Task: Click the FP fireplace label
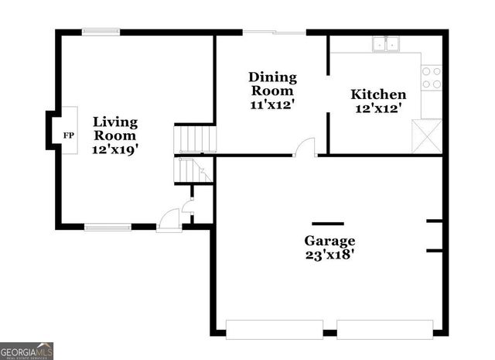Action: coord(68,135)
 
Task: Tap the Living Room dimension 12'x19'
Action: coord(115,150)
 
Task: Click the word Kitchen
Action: coord(378,94)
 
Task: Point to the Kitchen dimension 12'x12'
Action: coord(378,109)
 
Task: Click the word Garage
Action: coord(329,240)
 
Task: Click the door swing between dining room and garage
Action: coord(306,147)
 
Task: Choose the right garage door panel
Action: coord(385,329)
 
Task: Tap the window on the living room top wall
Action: coord(101,32)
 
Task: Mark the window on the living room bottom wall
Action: coord(108,227)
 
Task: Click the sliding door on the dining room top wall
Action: coord(275,33)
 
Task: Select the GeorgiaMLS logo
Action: coord(26,351)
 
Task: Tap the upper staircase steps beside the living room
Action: coord(195,140)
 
